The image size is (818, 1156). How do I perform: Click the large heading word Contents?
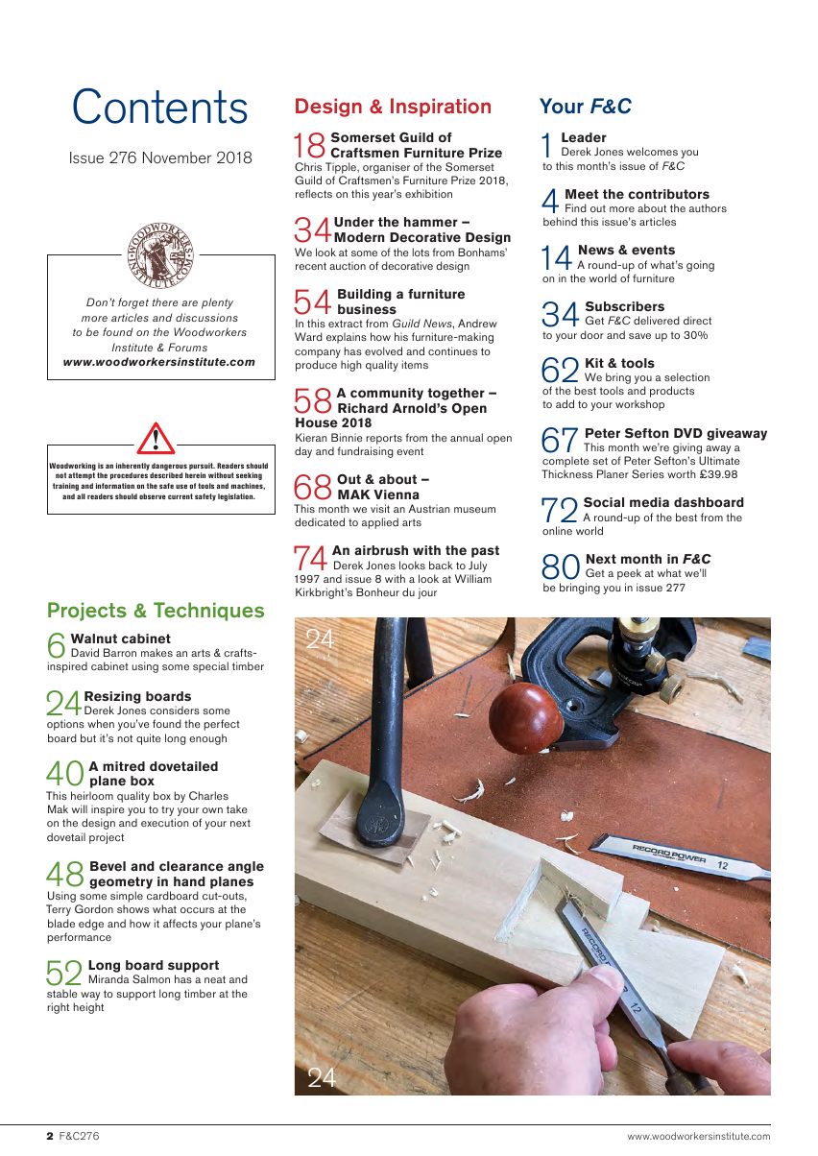[160, 108]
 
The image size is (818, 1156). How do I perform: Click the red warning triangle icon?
[156, 439]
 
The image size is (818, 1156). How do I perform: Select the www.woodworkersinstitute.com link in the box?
[159, 362]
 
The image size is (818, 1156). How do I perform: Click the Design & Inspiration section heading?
[393, 107]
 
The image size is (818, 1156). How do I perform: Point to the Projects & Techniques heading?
[156, 611]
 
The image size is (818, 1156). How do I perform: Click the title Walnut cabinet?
[121, 638]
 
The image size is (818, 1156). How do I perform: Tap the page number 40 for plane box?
[65, 774]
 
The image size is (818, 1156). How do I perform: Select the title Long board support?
[154, 965]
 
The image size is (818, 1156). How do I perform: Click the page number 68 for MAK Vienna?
[313, 487]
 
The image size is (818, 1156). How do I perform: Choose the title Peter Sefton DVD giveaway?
[676, 433]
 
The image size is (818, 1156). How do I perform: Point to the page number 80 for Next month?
[562, 566]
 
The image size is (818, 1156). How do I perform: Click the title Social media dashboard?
[663, 502]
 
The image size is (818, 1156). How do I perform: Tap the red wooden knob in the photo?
[525, 717]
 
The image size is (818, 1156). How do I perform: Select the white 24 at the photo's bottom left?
[322, 1077]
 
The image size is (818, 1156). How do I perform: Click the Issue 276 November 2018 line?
[160, 157]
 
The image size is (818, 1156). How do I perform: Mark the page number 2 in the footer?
[50, 1136]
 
